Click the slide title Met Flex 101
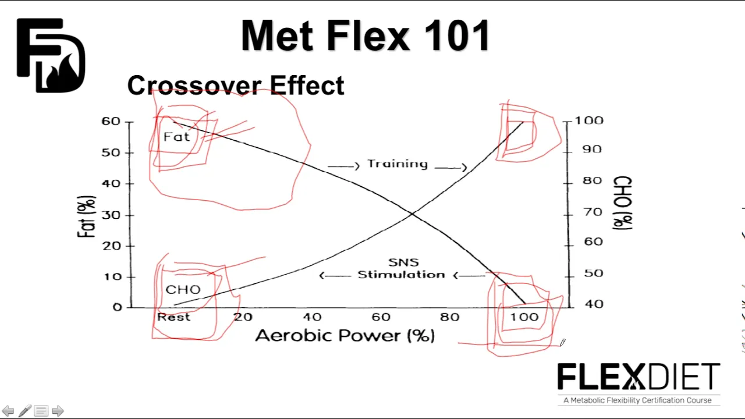click(365, 35)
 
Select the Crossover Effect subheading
click(236, 85)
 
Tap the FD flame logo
click(51, 55)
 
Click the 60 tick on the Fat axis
click(111, 122)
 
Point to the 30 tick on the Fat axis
click(111, 215)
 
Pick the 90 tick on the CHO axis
click(592, 150)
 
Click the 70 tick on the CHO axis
click(593, 212)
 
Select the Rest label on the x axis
click(173, 317)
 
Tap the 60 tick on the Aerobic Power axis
click(381, 317)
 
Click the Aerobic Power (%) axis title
click(345, 335)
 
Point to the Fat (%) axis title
click(87, 216)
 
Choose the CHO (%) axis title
click(622, 203)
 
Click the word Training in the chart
click(398, 164)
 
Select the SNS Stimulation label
click(402, 269)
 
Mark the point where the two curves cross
click(412, 214)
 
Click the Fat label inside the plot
click(176, 137)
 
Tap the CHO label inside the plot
click(183, 290)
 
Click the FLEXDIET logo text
click(639, 377)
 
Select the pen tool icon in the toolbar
click(25, 411)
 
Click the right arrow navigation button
click(58, 411)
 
